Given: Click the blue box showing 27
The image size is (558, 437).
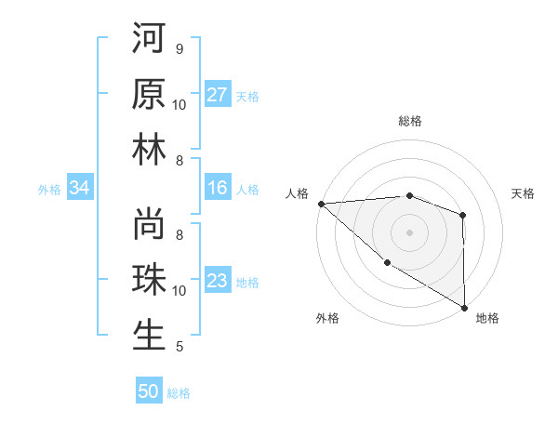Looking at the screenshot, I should [218, 95].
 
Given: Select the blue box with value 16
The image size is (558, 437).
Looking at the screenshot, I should [218, 188].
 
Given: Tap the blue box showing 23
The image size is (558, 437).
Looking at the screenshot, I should [218, 281].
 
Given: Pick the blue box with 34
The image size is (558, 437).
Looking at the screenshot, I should [79, 189].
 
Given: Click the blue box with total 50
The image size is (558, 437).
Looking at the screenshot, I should [149, 391].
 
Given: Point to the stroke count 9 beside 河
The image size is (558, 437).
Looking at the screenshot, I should [179, 49].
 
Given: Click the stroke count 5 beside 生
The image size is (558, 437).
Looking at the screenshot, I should [179, 347].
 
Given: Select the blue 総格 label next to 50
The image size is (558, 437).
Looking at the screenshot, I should [179, 393].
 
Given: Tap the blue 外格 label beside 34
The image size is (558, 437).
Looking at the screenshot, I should [49, 190].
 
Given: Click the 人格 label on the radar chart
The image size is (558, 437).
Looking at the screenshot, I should [297, 193].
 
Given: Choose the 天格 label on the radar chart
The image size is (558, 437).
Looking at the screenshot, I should [524, 193].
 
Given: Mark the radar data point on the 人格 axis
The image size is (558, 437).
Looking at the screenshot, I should [321, 203].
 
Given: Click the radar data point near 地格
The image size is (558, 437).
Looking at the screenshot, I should [463, 307].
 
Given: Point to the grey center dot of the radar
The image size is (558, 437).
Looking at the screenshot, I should [409, 232].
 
